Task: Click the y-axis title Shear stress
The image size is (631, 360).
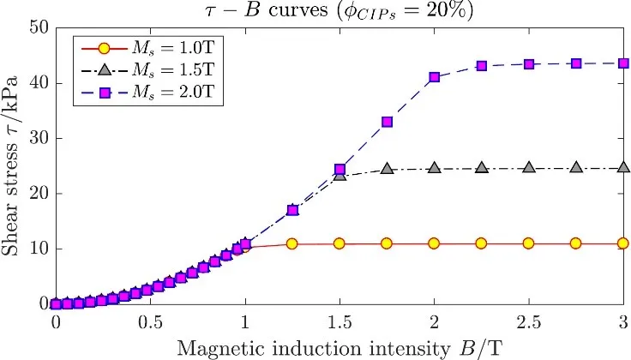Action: [15, 165]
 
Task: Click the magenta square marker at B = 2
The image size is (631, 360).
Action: [434, 77]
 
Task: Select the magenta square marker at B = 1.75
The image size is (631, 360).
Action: [387, 122]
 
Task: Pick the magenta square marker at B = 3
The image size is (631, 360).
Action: [623, 63]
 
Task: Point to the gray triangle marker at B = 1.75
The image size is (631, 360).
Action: [387, 169]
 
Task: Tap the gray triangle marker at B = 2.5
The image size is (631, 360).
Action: [528, 168]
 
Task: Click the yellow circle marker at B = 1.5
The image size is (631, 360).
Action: [340, 243]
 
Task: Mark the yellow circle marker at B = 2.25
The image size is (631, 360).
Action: [481, 243]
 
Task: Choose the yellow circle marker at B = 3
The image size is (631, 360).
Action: [623, 243]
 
